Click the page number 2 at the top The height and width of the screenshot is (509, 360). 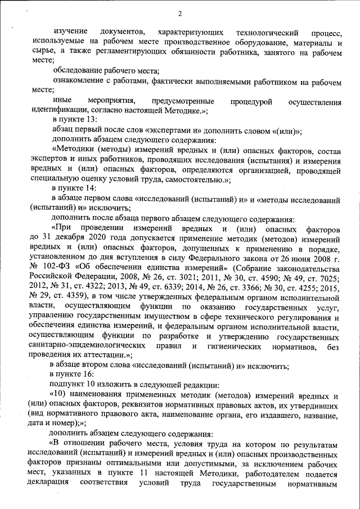pos(179,13)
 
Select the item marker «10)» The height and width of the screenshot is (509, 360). pos(63,394)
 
